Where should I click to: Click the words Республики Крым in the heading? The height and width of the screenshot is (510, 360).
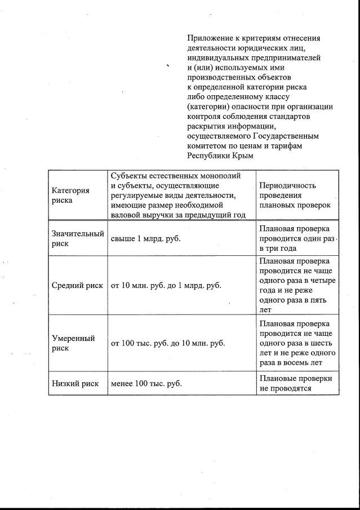220,156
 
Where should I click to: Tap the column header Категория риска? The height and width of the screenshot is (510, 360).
70,195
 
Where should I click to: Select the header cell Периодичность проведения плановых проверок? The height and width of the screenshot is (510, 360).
295,195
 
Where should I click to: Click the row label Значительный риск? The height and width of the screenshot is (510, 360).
78,238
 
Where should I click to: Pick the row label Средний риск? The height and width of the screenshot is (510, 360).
77,285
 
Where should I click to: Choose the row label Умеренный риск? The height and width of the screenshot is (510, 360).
73,343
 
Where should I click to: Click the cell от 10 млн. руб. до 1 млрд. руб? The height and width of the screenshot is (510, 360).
166,285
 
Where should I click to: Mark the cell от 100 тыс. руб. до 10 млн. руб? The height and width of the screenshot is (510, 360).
168,343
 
